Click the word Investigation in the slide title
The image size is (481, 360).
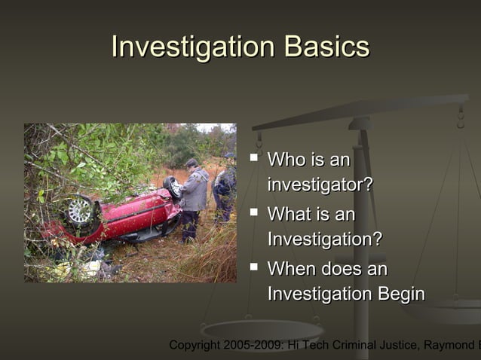pos(193,47)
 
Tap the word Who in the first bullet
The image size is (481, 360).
pos(286,160)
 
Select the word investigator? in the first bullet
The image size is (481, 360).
pos(320,185)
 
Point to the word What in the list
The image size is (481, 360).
pos(289,215)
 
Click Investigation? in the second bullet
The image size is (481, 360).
pos(324,239)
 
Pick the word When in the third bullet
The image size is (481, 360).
pos(292,269)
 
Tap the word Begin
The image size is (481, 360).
pos(399,294)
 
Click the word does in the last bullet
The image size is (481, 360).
pos(344,269)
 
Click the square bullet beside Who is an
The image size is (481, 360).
pos(254,158)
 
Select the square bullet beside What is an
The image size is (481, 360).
pos(254,213)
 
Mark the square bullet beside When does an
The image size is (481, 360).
pos(254,267)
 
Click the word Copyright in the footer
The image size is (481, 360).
pos(195,345)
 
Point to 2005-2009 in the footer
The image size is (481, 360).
pos(256,345)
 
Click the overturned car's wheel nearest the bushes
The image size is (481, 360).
pos(80,211)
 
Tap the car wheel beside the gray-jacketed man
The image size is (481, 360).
pos(173,186)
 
